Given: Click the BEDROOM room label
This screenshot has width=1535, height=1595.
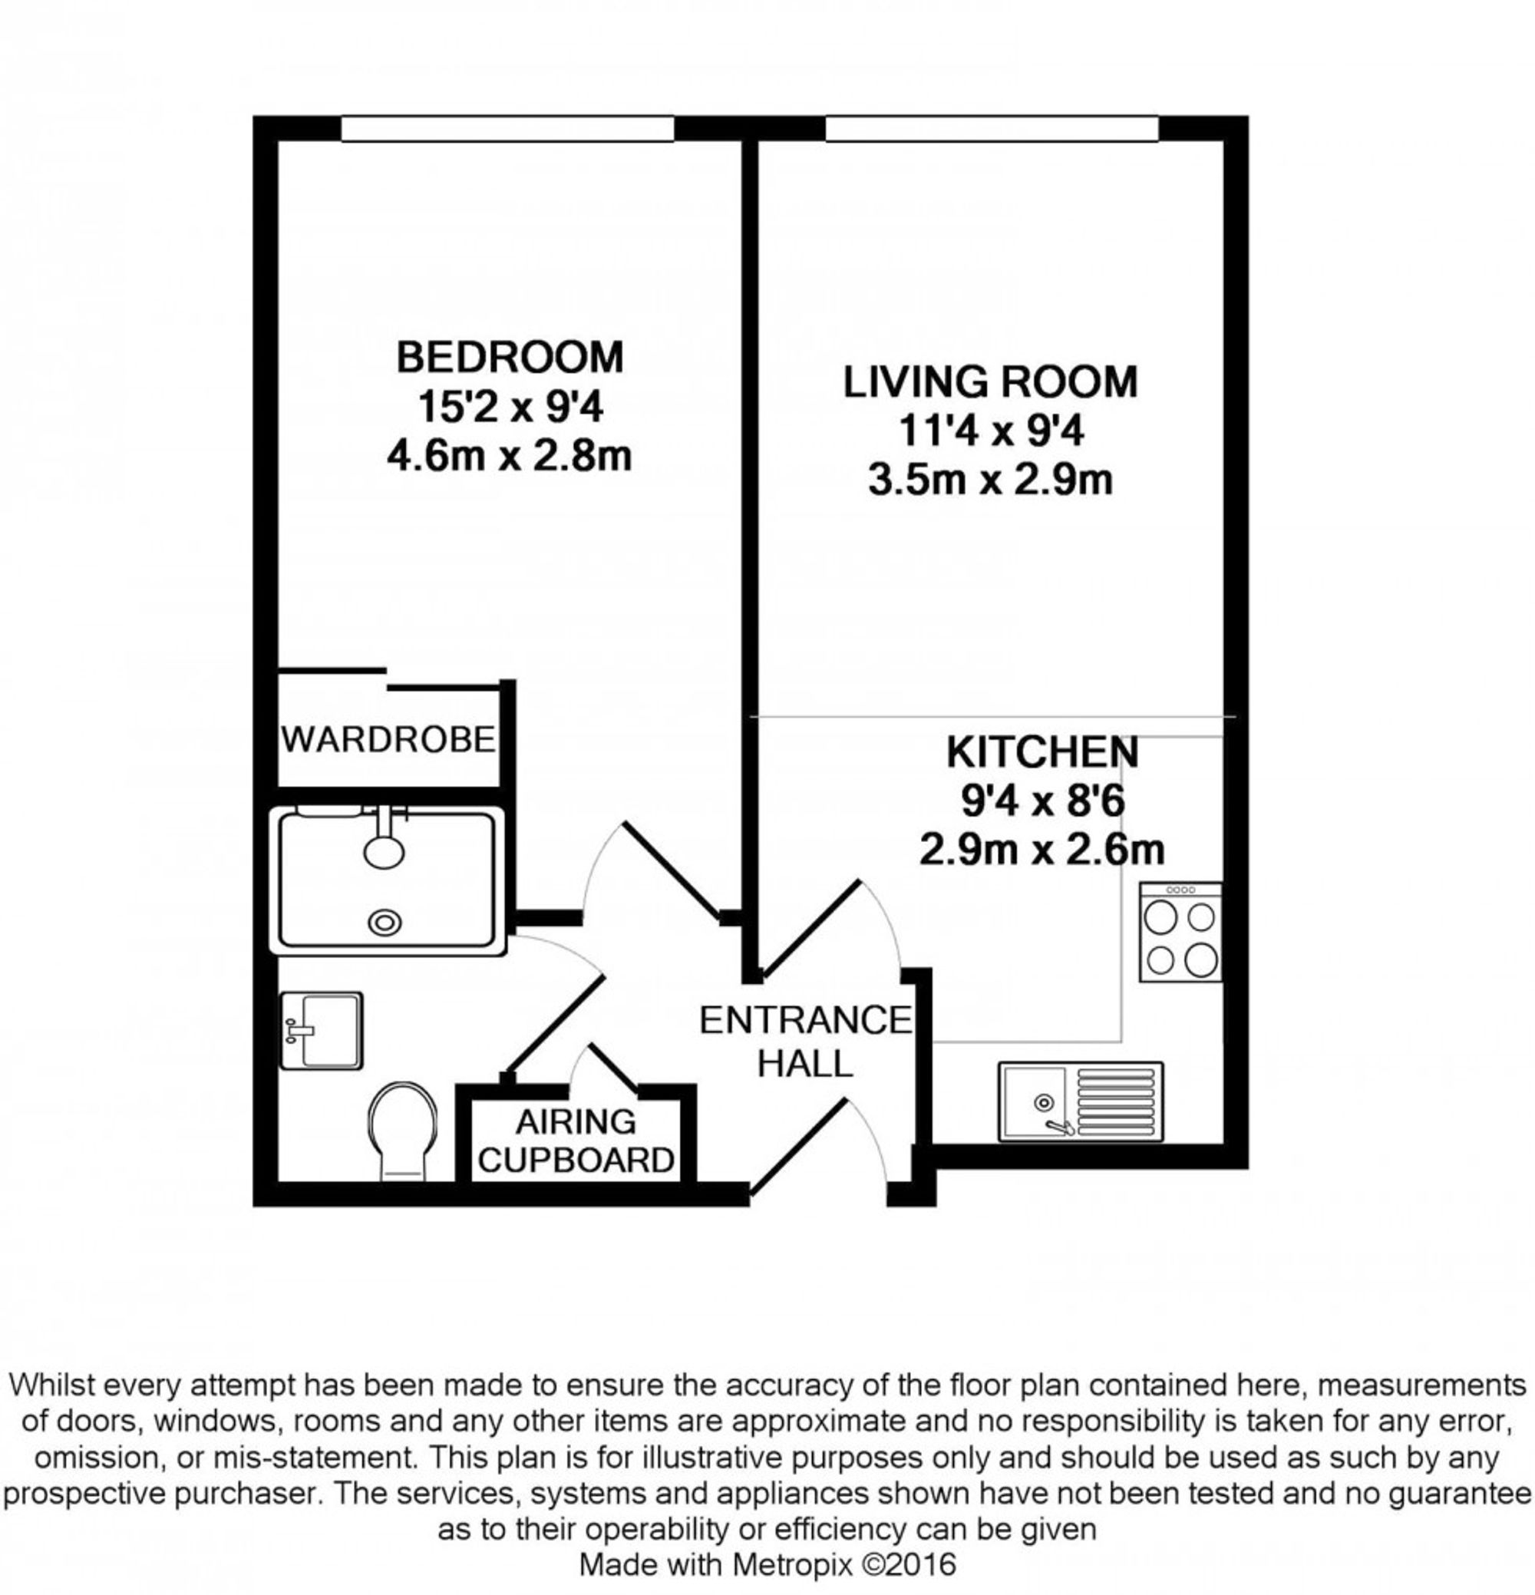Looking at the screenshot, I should point(510,357).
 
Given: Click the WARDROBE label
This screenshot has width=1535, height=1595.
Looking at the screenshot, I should point(388,740).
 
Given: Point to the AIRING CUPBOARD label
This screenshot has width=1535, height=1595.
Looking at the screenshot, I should point(576,1141).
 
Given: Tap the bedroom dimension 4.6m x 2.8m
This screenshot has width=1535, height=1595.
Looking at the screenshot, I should point(510,456).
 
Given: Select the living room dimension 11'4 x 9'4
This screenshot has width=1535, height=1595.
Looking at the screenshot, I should point(991,431).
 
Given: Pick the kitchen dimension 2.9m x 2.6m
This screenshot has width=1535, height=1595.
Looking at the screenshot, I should point(1041,850).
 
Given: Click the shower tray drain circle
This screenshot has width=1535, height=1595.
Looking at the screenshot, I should point(385,922).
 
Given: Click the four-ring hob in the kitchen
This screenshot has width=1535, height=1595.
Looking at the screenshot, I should point(1180,932).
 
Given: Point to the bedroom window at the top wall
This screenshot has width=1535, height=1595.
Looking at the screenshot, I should point(507,129).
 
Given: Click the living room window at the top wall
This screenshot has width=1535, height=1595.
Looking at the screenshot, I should point(991,129).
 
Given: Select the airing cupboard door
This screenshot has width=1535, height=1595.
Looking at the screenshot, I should point(612,1067).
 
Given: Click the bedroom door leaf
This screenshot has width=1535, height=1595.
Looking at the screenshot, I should point(672,868).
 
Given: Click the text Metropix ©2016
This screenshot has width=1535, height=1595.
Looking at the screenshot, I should point(844,1565).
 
